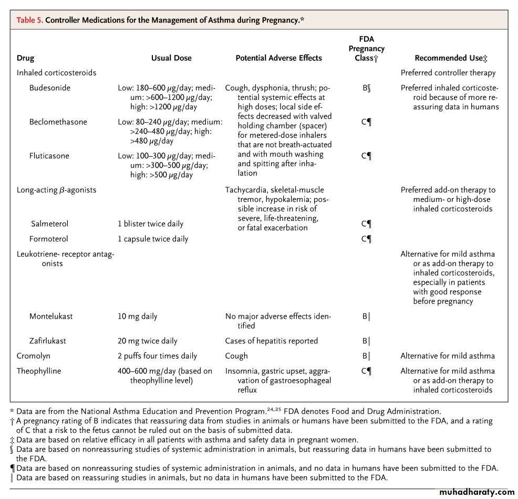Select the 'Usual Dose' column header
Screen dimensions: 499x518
pyautogui.click(x=171, y=58)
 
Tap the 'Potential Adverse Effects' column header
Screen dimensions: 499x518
pyautogui.click(x=278, y=58)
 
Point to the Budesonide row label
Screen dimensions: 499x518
pyautogui.click(x=50, y=88)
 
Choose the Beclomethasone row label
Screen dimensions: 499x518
pyautogui.click(x=58, y=122)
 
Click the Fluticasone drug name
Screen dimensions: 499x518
pyautogui.click(x=49, y=156)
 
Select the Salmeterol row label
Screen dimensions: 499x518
pyautogui.click(x=49, y=223)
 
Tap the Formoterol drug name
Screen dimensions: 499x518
pyautogui.click(x=49, y=239)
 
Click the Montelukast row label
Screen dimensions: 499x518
pyautogui.click(x=51, y=317)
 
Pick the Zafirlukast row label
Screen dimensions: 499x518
pyautogui.click(x=48, y=341)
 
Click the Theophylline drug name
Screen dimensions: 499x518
pyautogui.click(x=39, y=371)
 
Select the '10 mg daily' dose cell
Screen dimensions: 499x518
pyautogui.click(x=137, y=317)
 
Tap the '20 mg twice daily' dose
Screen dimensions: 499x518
pyautogui.click(x=148, y=341)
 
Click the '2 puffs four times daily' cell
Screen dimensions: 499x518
pyautogui.click(x=157, y=356)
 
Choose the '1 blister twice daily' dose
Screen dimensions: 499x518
pyautogui.click(x=150, y=223)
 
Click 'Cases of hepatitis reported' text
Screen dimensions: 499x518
pyautogui.click(x=271, y=341)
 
